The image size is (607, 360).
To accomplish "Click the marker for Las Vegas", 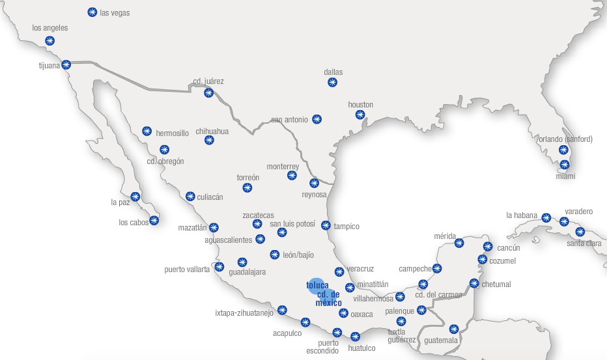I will tap(92, 12).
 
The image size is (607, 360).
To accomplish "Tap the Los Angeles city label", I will tap(49, 28).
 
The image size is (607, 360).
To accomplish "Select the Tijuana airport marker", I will tap(66, 64).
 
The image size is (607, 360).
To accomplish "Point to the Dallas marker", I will tap(332, 83).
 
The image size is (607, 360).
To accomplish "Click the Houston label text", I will tap(360, 104).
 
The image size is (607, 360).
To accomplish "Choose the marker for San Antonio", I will tap(317, 119).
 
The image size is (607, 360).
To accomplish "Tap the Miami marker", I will tap(565, 165).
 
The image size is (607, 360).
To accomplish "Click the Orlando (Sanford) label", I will tap(565, 139).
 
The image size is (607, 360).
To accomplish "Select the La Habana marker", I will tap(546, 218).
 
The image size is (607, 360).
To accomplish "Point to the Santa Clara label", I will tap(584, 243).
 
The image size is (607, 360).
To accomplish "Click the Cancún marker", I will tap(488, 247).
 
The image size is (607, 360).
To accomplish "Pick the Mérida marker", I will tap(459, 243).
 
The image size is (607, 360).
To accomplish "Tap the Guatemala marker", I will tap(455, 329).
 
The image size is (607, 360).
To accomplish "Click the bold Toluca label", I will tap(317, 285).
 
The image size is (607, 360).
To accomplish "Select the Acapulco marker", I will tap(305, 322).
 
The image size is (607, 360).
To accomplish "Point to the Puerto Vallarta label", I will tap(187, 269).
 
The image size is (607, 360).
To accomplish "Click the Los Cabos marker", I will tap(154, 220).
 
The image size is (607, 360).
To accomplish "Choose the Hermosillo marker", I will tap(147, 131).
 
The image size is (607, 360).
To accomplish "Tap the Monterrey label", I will tap(283, 167).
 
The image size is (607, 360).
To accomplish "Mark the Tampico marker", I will tap(326, 225).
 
